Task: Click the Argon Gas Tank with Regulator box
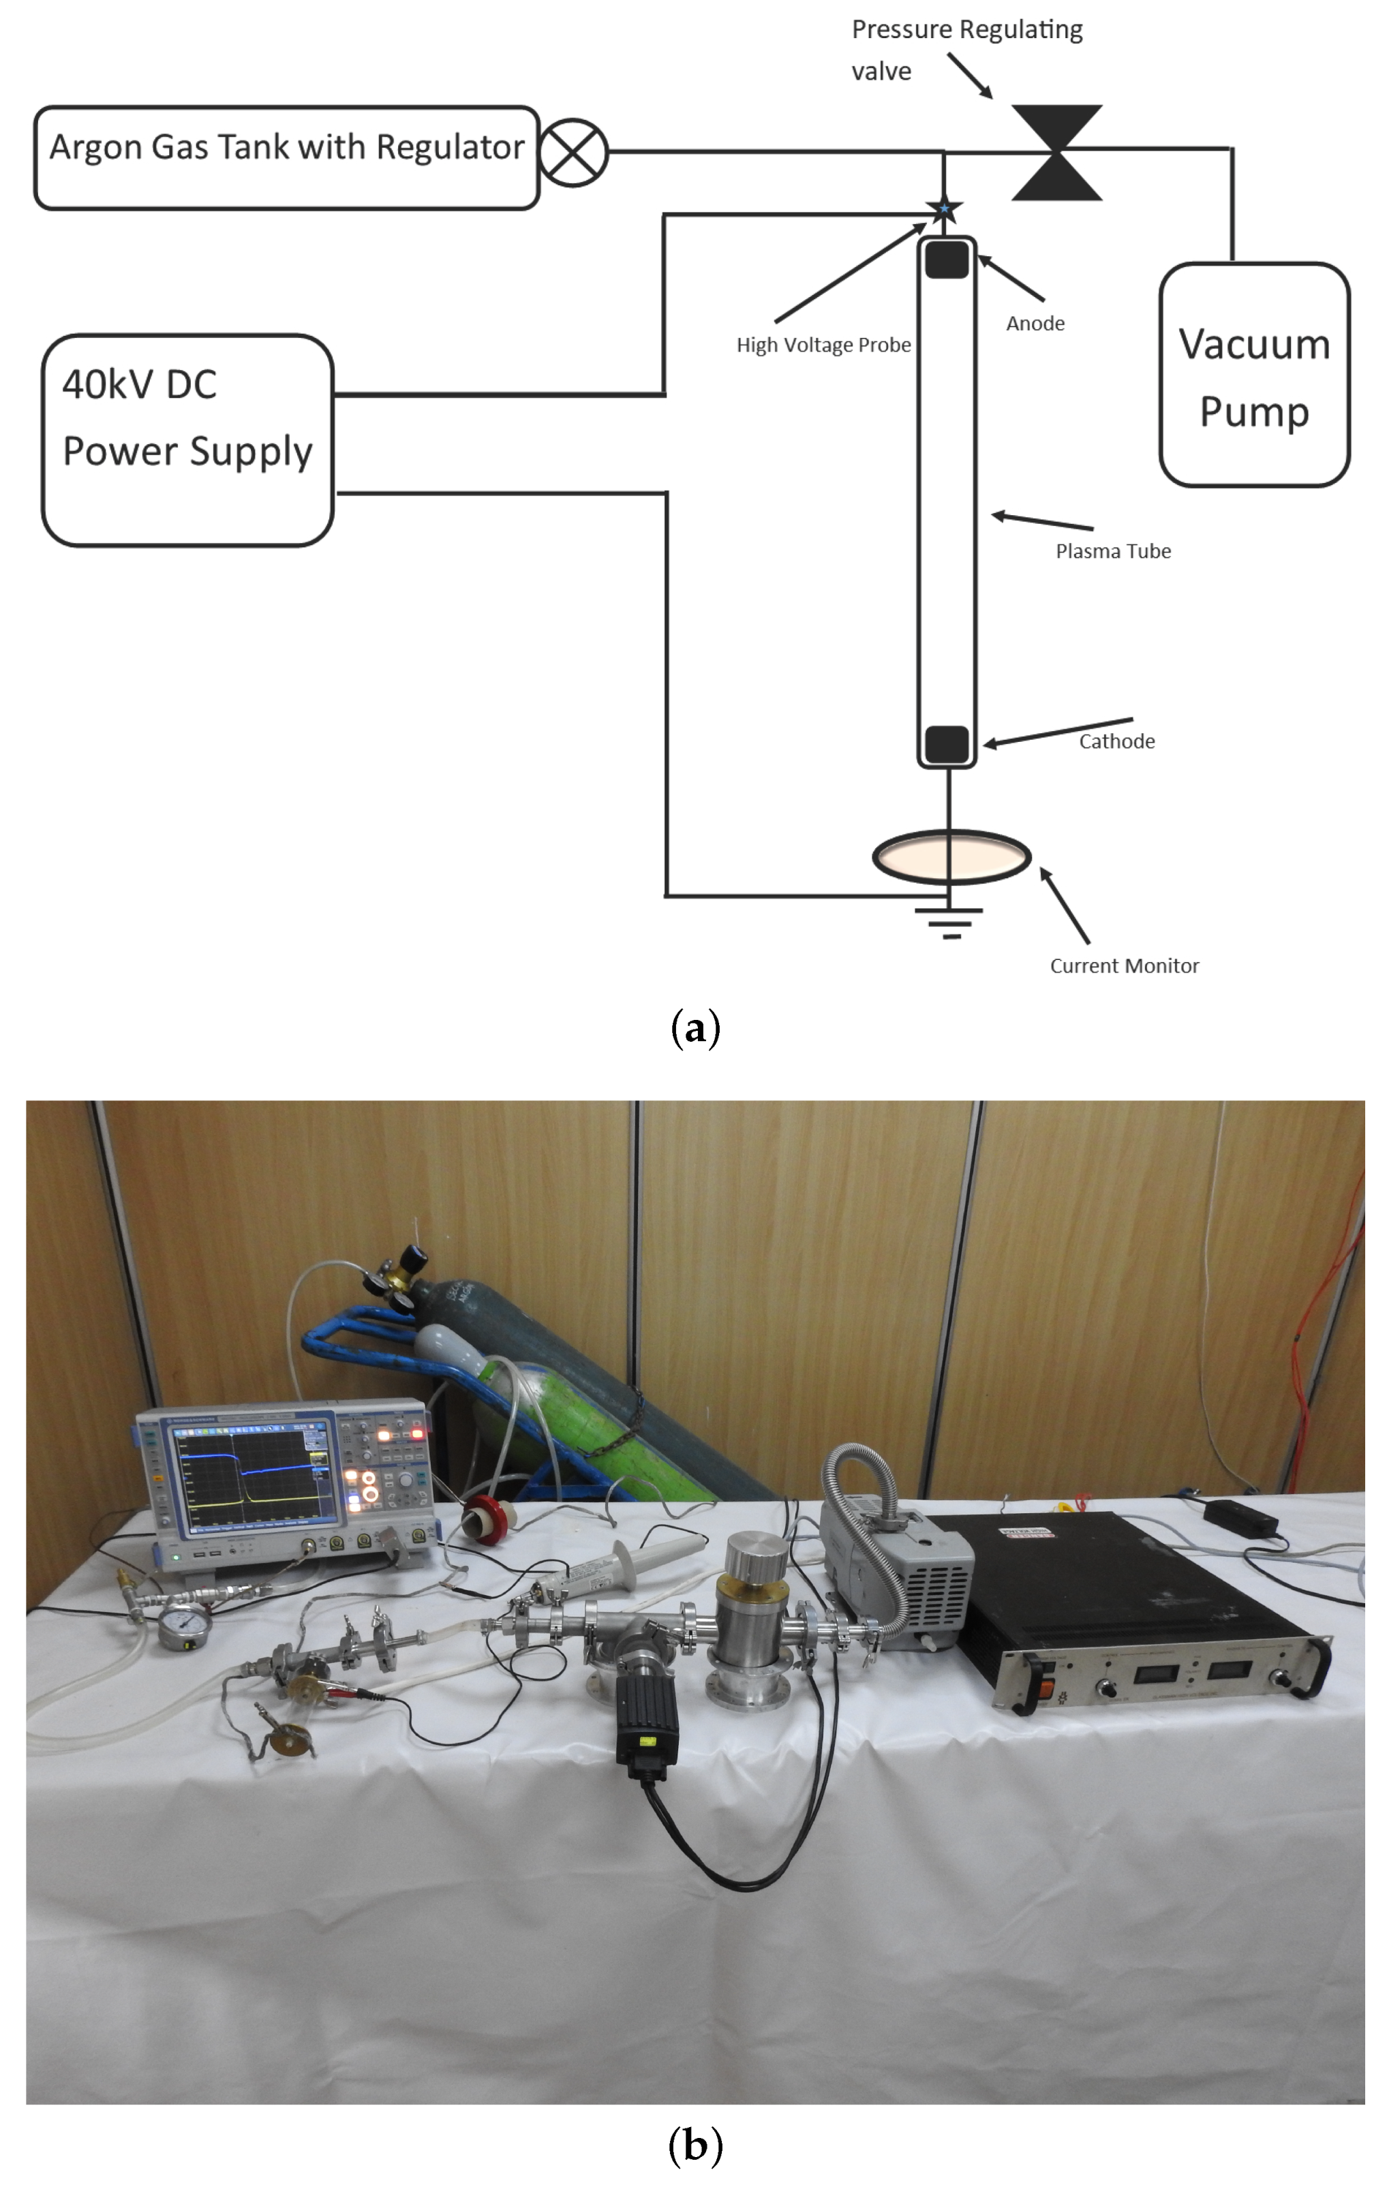click(286, 157)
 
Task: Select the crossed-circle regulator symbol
click(573, 153)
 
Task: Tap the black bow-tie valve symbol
click(1056, 153)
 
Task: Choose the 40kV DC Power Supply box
click(187, 441)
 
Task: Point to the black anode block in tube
click(947, 259)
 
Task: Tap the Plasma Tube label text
click(1113, 551)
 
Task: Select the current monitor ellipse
click(951, 856)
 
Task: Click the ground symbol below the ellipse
click(951, 922)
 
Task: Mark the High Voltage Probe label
click(823, 345)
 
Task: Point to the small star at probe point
click(945, 209)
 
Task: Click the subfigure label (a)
click(695, 1028)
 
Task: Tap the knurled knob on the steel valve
click(757, 1557)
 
